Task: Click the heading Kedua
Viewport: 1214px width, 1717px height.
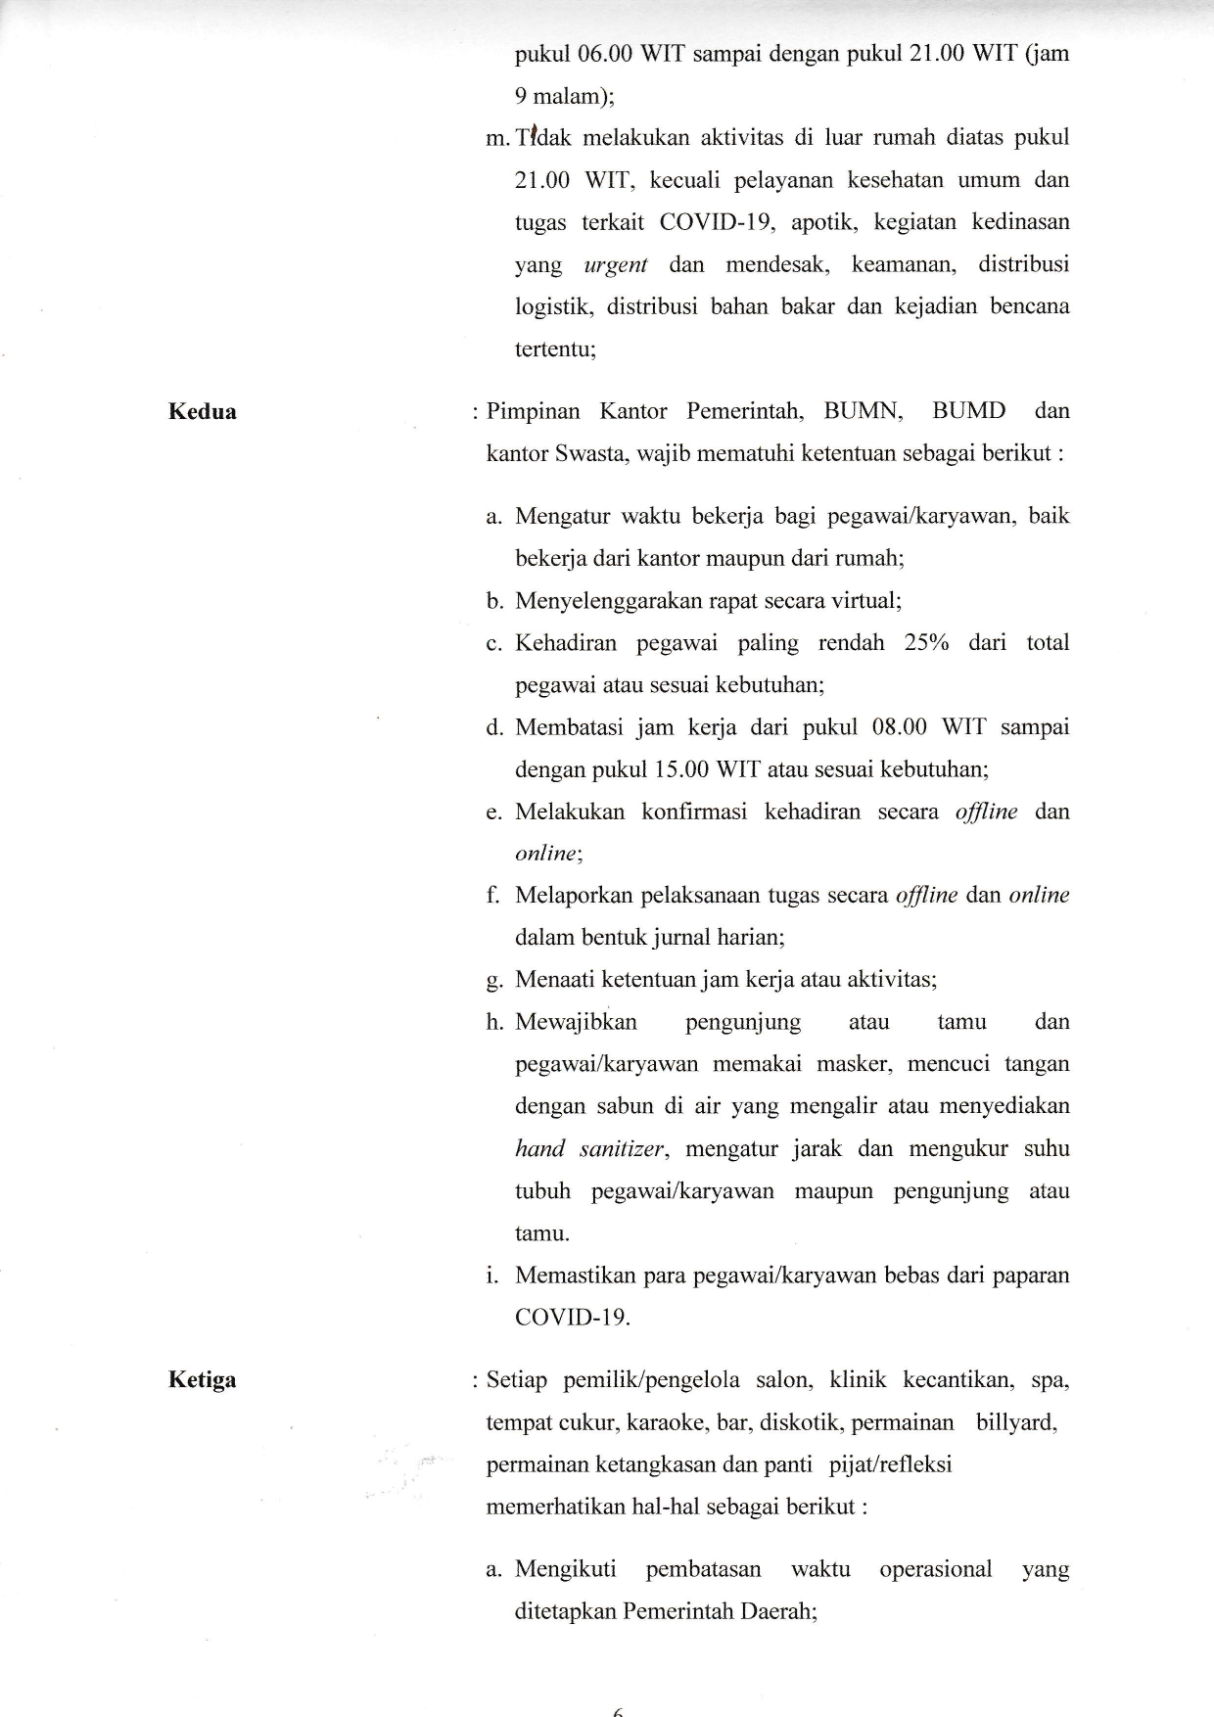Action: pos(202,411)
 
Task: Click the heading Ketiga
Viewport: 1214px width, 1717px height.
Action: pos(202,1381)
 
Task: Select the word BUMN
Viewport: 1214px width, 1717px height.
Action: pos(863,411)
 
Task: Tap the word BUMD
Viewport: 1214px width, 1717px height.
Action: pos(968,411)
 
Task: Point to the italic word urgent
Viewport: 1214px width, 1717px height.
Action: pos(615,265)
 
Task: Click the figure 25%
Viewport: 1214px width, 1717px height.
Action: pos(926,643)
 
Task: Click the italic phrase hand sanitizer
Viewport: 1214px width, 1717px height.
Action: pos(589,1149)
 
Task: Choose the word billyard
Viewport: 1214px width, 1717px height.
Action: pos(1016,1422)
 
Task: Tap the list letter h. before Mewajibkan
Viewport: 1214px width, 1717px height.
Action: pos(493,1022)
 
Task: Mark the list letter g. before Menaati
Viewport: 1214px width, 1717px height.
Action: pos(492,980)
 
